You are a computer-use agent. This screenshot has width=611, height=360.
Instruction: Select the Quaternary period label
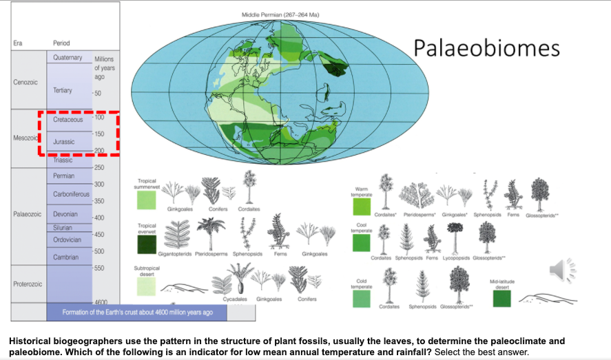pos(68,58)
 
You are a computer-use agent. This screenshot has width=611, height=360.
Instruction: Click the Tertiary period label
pos(63,91)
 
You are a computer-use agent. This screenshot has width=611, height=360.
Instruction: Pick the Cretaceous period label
pos(68,120)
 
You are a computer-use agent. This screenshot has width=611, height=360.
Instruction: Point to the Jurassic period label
pos(64,141)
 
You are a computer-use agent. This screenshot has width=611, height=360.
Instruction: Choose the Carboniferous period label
pos(72,194)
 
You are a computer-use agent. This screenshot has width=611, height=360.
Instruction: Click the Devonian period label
pos(65,213)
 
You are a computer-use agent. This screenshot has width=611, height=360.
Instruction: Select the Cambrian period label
pos(65,257)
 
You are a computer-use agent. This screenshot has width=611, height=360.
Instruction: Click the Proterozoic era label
pos(28,284)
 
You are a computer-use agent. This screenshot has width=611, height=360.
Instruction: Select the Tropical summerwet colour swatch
pos(147,200)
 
